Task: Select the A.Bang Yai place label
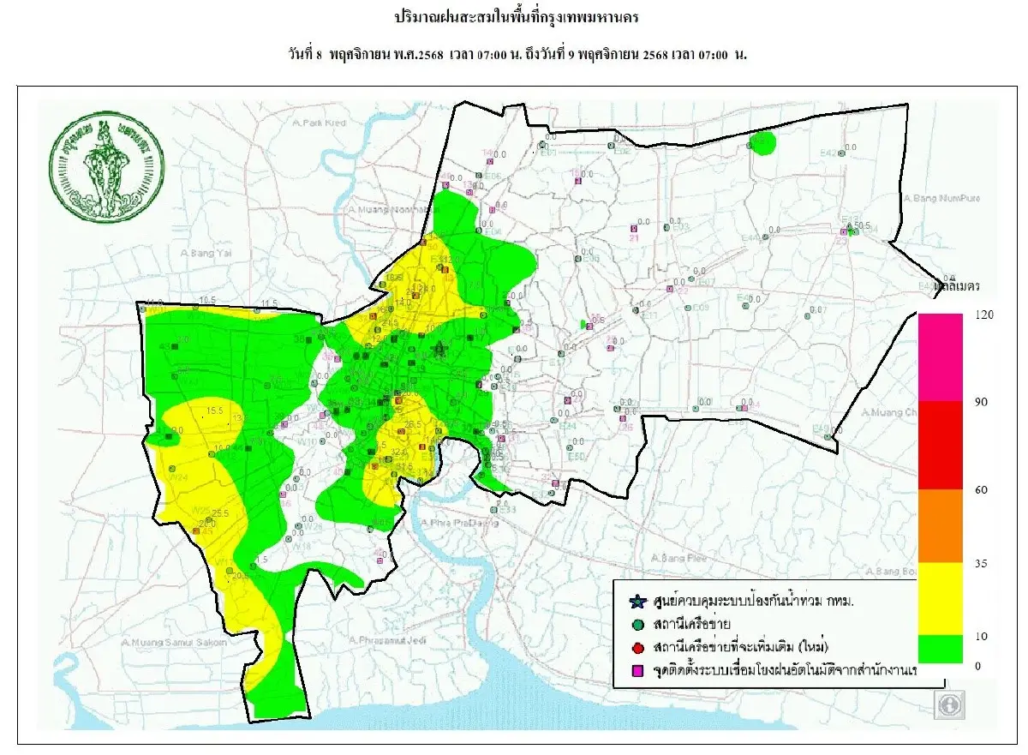(x=202, y=253)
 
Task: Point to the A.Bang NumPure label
(x=939, y=199)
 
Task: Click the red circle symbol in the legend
(x=636, y=644)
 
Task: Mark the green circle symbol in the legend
(x=636, y=623)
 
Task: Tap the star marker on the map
(x=439, y=349)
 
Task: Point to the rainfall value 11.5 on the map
(x=269, y=303)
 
